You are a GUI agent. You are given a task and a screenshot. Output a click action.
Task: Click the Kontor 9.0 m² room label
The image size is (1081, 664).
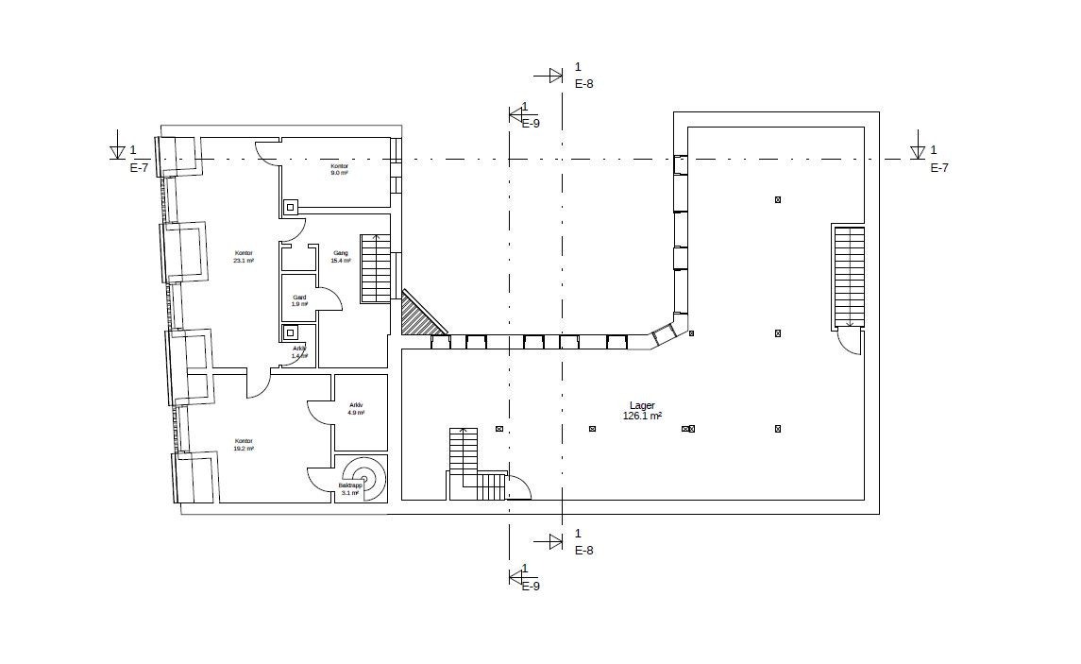pyautogui.click(x=339, y=170)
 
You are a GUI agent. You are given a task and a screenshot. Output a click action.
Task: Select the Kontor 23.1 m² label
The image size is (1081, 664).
pyautogui.click(x=244, y=257)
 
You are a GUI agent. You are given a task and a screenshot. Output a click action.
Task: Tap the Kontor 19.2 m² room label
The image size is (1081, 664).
pyautogui.click(x=244, y=445)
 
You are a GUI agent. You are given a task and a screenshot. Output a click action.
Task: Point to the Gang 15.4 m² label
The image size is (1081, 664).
pyautogui.click(x=341, y=257)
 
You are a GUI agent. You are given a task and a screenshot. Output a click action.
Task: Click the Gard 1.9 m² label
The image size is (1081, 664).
pyautogui.click(x=299, y=300)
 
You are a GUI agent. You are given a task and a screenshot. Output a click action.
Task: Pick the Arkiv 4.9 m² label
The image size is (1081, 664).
pyautogui.click(x=356, y=409)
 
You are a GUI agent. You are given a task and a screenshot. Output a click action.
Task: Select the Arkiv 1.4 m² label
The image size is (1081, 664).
pyautogui.click(x=299, y=352)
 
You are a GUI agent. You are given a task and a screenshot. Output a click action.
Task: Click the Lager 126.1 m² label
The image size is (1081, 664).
pyautogui.click(x=642, y=410)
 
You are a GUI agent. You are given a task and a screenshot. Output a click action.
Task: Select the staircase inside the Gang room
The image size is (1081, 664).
pyautogui.click(x=376, y=269)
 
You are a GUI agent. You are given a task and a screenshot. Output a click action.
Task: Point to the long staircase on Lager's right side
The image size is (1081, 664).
pyautogui.click(x=848, y=276)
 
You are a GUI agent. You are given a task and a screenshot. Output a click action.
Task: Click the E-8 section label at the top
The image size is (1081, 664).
pyautogui.click(x=583, y=83)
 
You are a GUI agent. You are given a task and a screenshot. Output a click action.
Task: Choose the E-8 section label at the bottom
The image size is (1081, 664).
pyautogui.click(x=583, y=551)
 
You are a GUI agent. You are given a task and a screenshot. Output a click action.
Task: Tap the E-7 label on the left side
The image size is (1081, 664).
pyautogui.click(x=139, y=168)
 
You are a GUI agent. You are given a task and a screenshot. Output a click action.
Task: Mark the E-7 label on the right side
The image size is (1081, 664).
pyautogui.click(x=939, y=168)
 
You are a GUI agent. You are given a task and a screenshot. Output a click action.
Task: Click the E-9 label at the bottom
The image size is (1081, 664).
pyautogui.click(x=531, y=587)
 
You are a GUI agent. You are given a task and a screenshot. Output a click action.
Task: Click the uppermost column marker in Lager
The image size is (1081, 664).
pyautogui.click(x=778, y=199)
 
